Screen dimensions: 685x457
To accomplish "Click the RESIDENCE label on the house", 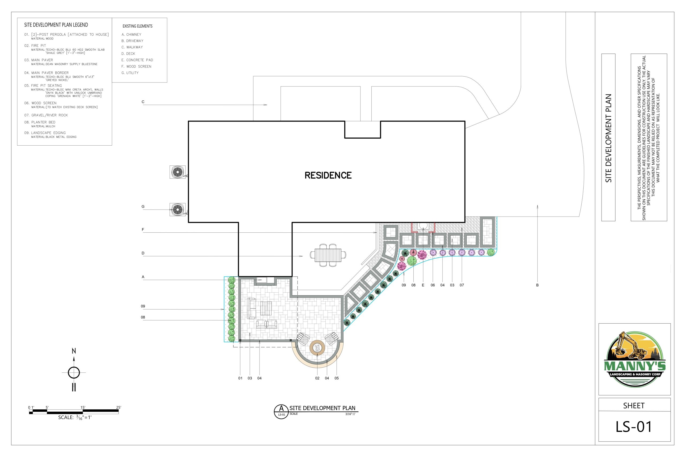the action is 328,175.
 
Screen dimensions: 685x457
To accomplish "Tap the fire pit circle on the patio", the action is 317,348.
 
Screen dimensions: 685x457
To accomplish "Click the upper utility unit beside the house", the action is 178,172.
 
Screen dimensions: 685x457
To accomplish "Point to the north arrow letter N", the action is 74,351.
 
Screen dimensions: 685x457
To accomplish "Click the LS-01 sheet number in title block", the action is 634,426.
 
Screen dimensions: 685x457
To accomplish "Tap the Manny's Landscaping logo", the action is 635,359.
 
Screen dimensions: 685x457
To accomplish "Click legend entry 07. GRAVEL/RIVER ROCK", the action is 46,115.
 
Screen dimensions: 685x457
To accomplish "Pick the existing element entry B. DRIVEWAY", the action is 132,41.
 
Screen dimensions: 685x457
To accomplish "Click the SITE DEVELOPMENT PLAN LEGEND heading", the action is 56,25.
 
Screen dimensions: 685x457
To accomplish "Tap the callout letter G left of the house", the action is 143,206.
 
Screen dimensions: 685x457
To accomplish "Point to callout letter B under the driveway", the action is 537,285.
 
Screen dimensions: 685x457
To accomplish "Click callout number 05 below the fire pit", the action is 337,378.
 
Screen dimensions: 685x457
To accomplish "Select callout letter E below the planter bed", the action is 423,285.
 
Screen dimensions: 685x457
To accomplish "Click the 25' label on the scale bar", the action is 119,407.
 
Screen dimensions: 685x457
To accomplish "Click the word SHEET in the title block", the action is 634,405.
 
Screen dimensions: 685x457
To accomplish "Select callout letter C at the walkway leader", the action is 143,102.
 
